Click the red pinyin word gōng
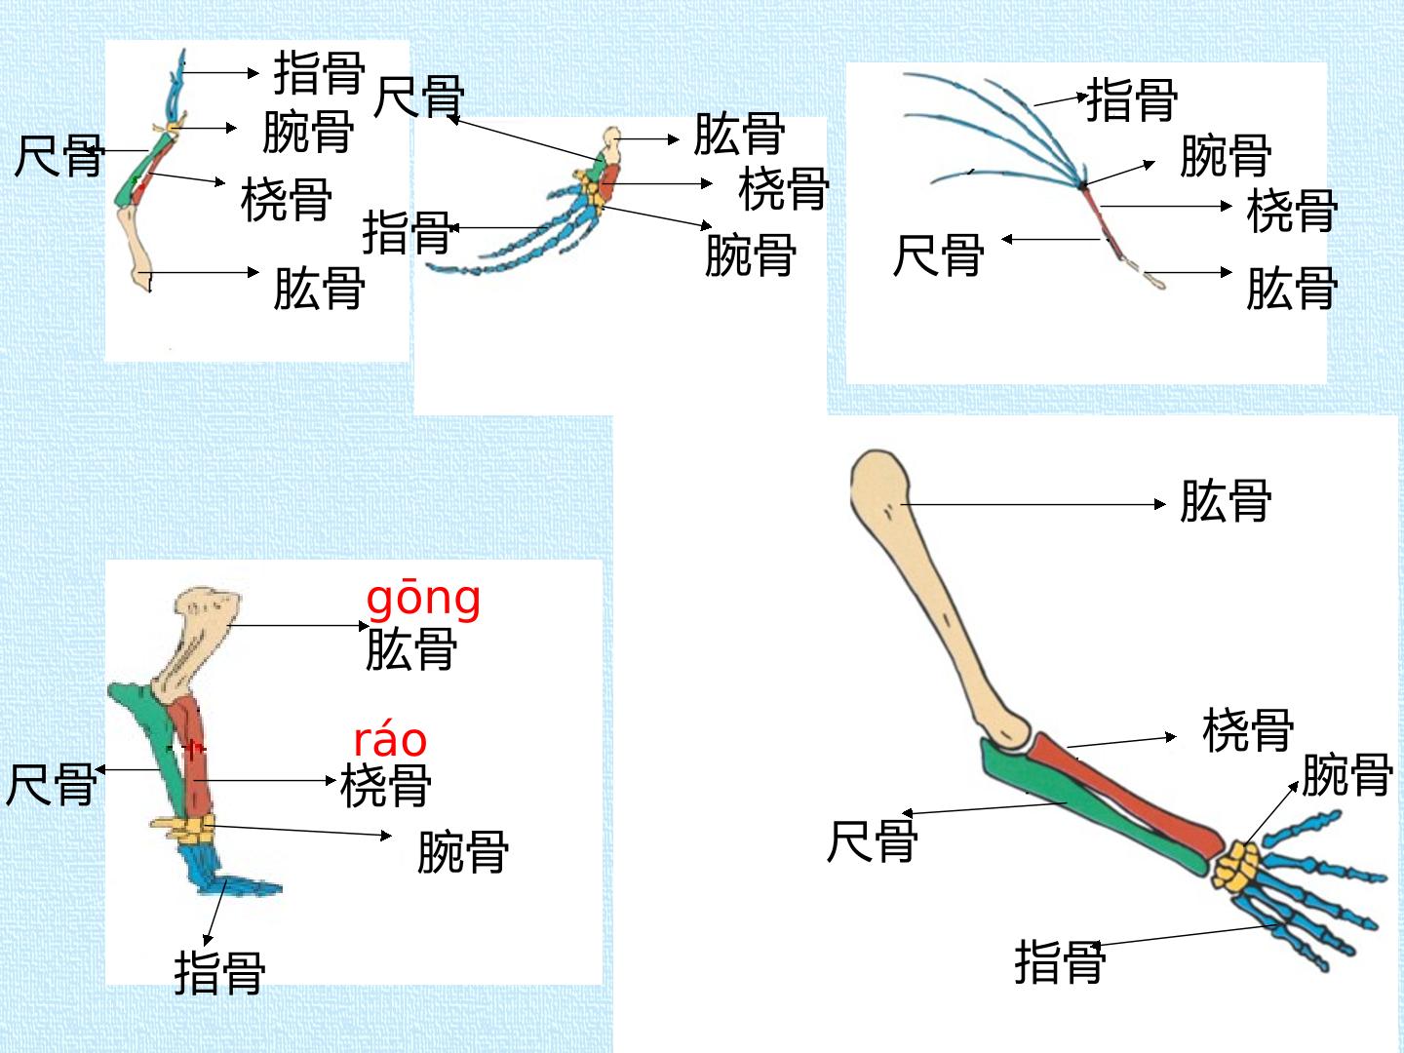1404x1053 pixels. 423,601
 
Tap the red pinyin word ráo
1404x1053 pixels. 390,740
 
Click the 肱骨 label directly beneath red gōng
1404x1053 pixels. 411,649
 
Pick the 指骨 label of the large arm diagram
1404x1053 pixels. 1060,961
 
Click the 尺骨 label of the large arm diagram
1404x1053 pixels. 872,840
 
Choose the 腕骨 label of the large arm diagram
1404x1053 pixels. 1347,775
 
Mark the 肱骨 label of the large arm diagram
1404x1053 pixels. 1226,500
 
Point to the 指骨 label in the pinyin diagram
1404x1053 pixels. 219,972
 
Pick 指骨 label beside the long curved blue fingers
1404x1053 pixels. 1132,99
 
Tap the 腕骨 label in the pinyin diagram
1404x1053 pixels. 463,851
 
